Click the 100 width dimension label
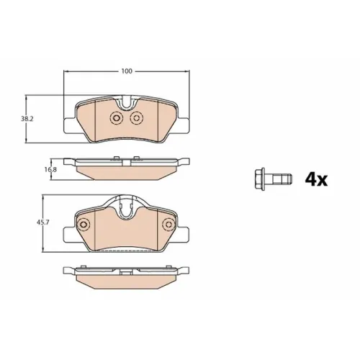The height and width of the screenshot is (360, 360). click(127, 71)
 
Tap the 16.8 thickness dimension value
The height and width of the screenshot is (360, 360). click(50, 169)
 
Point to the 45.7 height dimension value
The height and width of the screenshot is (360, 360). click(43, 222)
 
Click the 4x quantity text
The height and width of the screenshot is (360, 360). click(316, 180)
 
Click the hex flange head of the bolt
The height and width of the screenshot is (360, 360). click(260, 179)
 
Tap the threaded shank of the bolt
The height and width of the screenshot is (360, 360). click(279, 179)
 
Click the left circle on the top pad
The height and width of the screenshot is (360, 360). click(116, 118)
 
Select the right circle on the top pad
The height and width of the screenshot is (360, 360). click(137, 118)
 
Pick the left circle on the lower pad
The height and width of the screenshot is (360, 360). click(83, 225)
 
